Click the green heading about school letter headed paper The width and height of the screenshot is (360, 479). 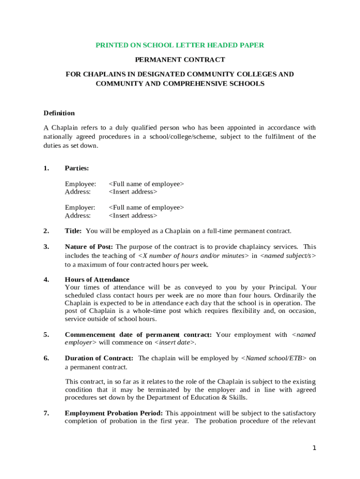[180, 45]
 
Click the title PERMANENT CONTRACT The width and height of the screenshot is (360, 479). [180, 60]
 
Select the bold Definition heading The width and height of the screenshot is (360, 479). [59, 113]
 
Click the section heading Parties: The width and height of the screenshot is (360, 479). [77, 168]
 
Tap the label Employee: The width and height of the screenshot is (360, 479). [80, 184]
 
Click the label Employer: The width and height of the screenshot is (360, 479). [80, 208]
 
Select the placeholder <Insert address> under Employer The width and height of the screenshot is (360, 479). [133, 216]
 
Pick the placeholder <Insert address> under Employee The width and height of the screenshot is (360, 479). [133, 192]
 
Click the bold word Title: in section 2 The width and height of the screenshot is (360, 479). [73, 231]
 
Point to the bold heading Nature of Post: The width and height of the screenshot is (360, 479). [89, 247]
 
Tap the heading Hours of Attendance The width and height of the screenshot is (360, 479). [97, 280]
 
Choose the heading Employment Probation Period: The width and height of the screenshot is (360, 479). [114, 414]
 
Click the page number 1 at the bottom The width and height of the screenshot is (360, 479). [315, 448]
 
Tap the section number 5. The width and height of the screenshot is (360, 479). [46, 335]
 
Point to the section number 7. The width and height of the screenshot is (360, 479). [46, 414]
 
